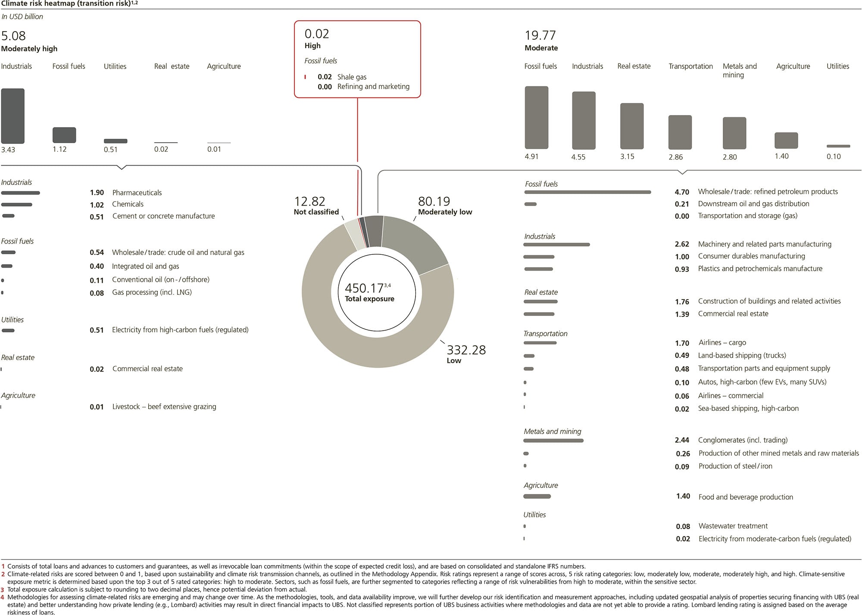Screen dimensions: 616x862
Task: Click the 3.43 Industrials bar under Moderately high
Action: tap(13, 116)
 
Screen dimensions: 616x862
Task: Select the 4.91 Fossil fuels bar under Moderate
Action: tap(536, 117)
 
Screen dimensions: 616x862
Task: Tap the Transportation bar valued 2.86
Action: tap(680, 132)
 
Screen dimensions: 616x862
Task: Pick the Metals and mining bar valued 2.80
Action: tap(734, 133)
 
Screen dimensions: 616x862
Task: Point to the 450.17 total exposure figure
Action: tap(364, 288)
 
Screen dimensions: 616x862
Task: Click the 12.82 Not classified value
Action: tap(309, 201)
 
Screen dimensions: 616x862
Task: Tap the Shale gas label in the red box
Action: tap(352, 77)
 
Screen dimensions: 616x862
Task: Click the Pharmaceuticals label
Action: tap(137, 193)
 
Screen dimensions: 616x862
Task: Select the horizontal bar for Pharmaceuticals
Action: tap(21, 193)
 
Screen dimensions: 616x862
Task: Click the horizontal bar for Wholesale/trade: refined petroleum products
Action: tap(587, 192)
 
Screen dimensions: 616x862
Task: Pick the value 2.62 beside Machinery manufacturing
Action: tap(682, 244)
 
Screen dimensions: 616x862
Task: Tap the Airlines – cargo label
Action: tap(722, 343)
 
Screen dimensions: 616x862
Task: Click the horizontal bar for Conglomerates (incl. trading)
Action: tap(553, 441)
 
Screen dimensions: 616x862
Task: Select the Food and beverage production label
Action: tap(746, 497)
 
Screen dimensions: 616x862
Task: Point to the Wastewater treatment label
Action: tap(733, 526)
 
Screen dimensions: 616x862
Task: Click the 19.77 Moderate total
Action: tap(540, 35)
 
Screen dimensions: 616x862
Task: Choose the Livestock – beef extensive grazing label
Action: tap(164, 406)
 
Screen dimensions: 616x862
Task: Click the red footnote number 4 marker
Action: tap(3, 597)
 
